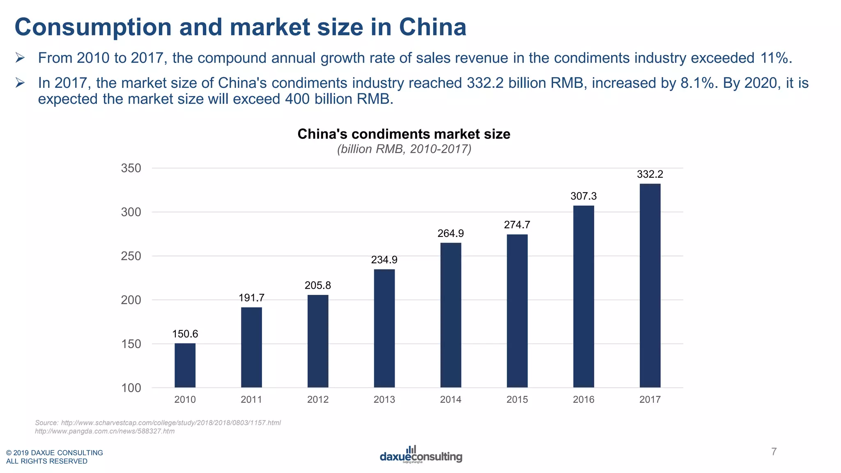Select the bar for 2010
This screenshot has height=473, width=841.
tap(185, 365)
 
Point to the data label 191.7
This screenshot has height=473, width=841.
tap(251, 298)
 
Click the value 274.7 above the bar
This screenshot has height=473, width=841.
tap(517, 225)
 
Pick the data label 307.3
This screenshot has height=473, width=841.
tap(583, 196)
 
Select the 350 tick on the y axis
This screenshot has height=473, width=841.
tap(131, 168)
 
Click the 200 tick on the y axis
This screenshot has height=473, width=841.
tap(131, 300)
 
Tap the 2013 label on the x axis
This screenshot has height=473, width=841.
tap(384, 400)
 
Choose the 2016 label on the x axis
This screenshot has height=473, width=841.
tap(583, 400)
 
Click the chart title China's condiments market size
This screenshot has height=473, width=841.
tap(404, 134)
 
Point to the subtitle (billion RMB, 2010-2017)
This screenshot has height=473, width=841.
tap(404, 149)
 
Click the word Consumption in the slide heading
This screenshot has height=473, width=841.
tap(93, 28)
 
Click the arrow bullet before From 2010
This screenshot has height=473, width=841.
tap(20, 58)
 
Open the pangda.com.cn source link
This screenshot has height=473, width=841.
tap(105, 431)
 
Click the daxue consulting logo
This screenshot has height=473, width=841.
tap(420, 455)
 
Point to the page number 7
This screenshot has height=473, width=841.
tap(774, 452)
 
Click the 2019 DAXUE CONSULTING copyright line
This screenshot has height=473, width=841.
tap(55, 452)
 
